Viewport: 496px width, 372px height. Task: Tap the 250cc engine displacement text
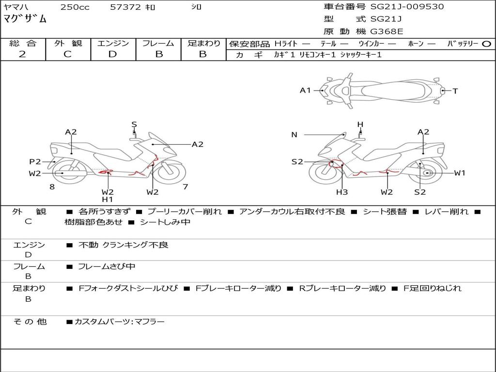point(75,7)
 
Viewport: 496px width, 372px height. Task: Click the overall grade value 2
point(22,54)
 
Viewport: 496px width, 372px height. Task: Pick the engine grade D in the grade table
point(112,54)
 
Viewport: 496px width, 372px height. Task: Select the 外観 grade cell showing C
point(67,54)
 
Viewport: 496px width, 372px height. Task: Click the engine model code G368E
point(387,32)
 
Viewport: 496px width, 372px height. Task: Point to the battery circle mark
point(486,44)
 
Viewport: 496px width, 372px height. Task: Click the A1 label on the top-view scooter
point(305,90)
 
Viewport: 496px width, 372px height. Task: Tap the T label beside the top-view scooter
point(455,91)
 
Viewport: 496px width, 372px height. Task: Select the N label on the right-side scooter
point(294,135)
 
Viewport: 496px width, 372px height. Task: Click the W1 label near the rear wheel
point(459,173)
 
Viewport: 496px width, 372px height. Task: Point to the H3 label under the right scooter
point(342,192)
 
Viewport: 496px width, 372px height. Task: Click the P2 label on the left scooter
point(35,162)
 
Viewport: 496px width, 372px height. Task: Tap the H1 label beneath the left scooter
point(108,199)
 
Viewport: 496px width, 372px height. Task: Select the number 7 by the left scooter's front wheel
point(186,186)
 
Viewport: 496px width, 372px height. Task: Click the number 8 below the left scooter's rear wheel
point(52,186)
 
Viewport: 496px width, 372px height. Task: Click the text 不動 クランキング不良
point(124,245)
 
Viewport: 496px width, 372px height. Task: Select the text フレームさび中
point(107,266)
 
